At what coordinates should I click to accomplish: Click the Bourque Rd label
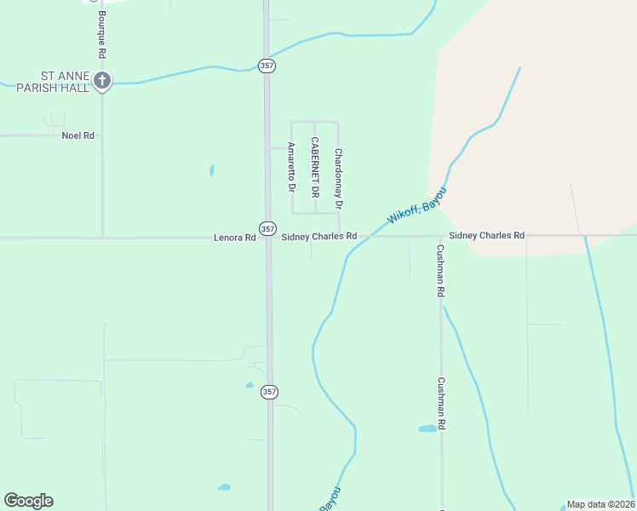pos(101,34)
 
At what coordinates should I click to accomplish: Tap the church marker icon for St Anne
pos(102,82)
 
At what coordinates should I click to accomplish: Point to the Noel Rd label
pos(77,135)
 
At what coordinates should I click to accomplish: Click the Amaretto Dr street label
pos(291,166)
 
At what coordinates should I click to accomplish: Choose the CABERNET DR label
pos(314,168)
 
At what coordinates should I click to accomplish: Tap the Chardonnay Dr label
pos(338,179)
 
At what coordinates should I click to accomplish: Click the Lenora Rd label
pos(234,238)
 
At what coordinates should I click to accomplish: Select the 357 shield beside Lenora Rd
pos(267,229)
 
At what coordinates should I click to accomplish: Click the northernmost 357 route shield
pos(267,65)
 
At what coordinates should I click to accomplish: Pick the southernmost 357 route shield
pos(269,392)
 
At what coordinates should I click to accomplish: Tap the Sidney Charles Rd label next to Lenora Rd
pos(318,236)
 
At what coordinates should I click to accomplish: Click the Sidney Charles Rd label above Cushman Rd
pos(486,235)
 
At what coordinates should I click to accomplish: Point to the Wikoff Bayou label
pos(416,207)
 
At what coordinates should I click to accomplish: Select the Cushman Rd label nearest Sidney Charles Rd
pos(440,271)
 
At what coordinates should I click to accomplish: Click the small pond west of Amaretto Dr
pos(212,170)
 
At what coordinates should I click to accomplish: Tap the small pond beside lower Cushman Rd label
pos(428,428)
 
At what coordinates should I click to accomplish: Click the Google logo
pos(28,501)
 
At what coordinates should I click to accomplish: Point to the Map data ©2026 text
pos(600,504)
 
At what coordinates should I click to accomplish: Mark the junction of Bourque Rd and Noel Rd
pos(102,135)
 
